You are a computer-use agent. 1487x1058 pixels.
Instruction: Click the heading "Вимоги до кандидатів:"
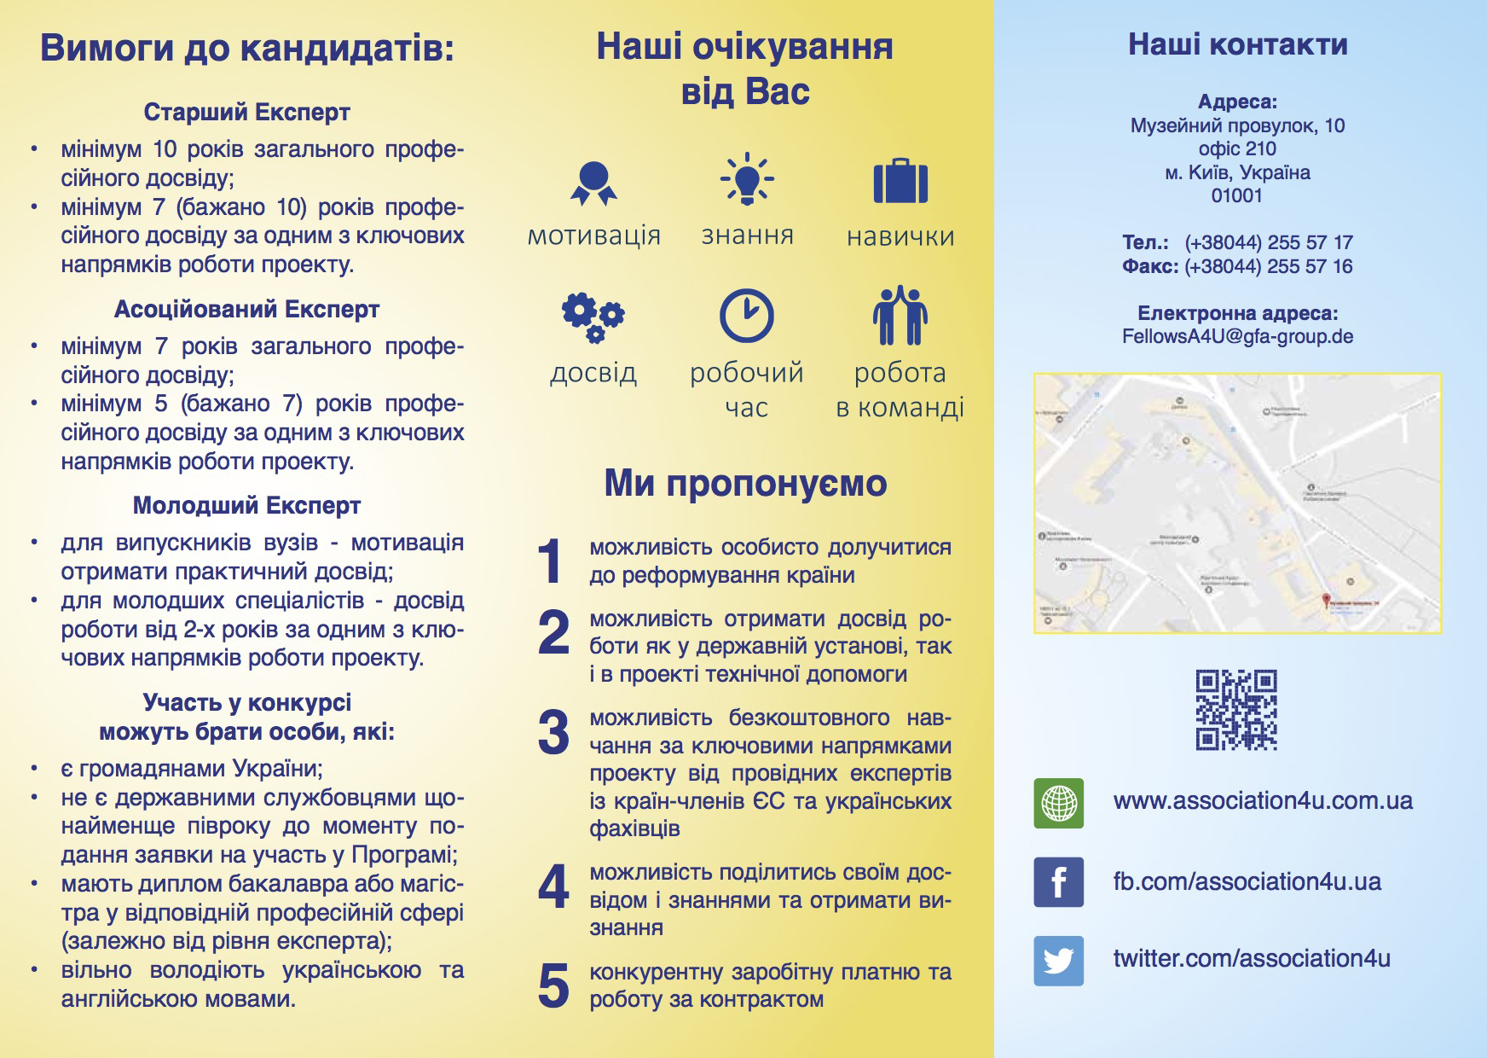pyautogui.click(x=247, y=48)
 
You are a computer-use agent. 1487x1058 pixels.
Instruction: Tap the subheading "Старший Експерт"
pyautogui.click(x=247, y=112)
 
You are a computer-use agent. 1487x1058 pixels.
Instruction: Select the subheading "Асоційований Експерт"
pyautogui.click(x=247, y=309)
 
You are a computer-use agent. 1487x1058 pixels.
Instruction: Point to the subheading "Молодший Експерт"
pyautogui.click(x=247, y=505)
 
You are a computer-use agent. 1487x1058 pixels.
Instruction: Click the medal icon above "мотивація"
pyautogui.click(x=593, y=183)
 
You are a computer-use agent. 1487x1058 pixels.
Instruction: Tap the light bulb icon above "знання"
pyautogui.click(x=747, y=179)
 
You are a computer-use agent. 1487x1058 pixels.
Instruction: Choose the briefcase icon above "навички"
pyautogui.click(x=900, y=181)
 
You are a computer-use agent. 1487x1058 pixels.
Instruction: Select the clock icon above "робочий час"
pyautogui.click(x=747, y=316)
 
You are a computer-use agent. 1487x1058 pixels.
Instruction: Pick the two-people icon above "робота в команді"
pyautogui.click(x=900, y=316)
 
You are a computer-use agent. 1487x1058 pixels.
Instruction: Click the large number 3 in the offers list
pyautogui.click(x=553, y=732)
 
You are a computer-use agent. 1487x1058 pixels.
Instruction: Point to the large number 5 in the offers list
pyautogui.click(x=553, y=985)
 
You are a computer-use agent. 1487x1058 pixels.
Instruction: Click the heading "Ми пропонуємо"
pyautogui.click(x=746, y=483)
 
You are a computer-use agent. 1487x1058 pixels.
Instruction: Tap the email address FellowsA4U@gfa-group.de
pyautogui.click(x=1237, y=336)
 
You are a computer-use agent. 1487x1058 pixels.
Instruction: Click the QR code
pyautogui.click(x=1236, y=710)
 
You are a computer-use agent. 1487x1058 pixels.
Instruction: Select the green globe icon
pyautogui.click(x=1059, y=803)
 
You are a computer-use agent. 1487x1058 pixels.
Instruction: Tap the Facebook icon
pyautogui.click(x=1059, y=881)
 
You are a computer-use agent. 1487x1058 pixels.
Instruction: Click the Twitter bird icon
pyautogui.click(x=1059, y=961)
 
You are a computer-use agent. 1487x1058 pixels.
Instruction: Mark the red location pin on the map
pyautogui.click(x=1326, y=601)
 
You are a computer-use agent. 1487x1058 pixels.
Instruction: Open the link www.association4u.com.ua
pyautogui.click(x=1263, y=800)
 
